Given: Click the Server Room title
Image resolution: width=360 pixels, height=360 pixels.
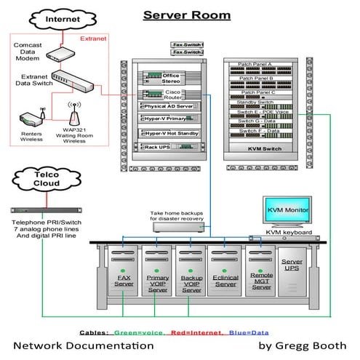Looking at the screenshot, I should tap(188, 15).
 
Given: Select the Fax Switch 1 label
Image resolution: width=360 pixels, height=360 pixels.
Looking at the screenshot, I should tap(187, 45).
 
